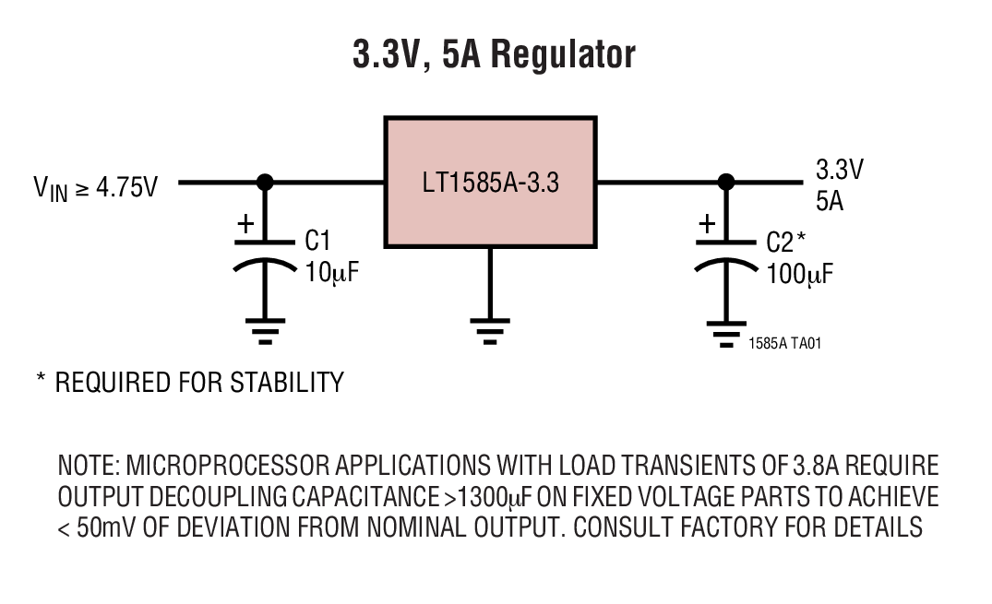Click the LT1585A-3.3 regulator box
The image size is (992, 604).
click(490, 182)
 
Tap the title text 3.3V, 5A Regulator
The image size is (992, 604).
click(495, 54)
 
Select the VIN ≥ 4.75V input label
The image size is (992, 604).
click(96, 188)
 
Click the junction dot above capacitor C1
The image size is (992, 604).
click(265, 182)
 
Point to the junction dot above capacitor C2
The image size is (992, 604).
click(726, 182)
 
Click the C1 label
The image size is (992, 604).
click(318, 242)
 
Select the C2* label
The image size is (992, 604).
click(786, 242)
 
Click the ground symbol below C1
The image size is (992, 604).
click(265, 329)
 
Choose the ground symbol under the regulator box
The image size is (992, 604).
click(490, 329)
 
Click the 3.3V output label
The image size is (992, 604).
click(839, 171)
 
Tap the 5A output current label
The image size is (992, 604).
click(830, 200)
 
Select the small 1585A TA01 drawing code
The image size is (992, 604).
click(784, 343)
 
